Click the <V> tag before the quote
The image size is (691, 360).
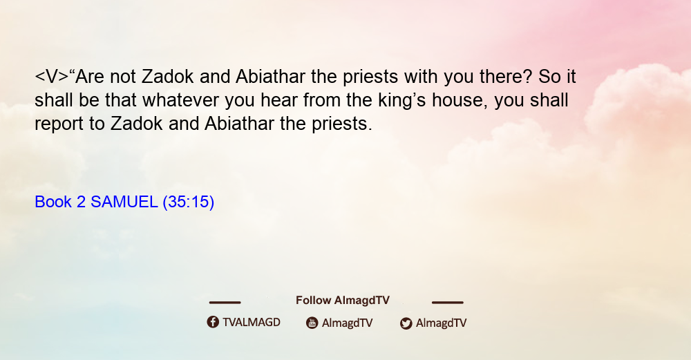click(52, 77)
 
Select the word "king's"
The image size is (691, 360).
click(402, 101)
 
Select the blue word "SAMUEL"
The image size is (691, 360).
click(124, 202)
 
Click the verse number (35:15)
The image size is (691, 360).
click(189, 202)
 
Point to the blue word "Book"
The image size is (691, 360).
click(53, 202)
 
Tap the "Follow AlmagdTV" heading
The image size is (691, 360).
click(343, 300)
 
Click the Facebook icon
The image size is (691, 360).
click(213, 322)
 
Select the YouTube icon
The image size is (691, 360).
click(312, 323)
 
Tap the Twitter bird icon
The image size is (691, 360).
click(406, 323)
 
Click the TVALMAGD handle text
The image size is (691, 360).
click(252, 322)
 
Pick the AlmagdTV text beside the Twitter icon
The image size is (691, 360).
click(441, 323)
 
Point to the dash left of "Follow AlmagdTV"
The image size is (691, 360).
click(225, 302)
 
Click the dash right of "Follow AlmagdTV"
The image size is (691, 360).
click(448, 302)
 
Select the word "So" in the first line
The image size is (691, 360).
click(549, 77)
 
